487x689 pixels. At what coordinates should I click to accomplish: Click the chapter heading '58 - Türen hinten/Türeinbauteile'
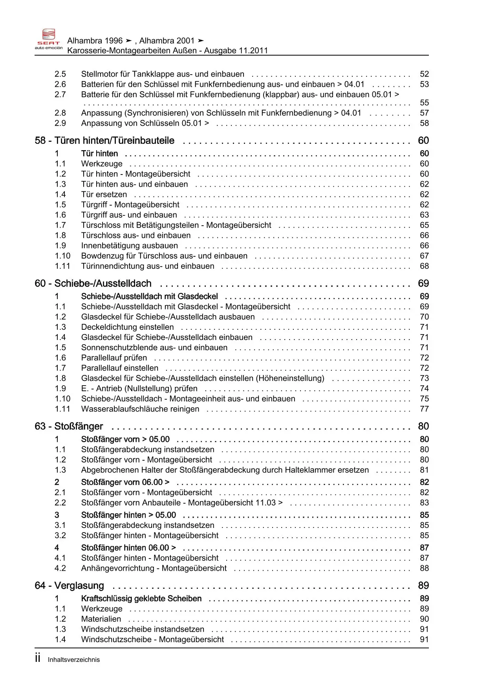click(x=104, y=141)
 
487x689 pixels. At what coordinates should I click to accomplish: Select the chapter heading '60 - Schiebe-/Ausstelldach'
click(x=93, y=283)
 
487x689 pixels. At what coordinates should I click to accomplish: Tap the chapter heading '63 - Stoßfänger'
click(x=69, y=426)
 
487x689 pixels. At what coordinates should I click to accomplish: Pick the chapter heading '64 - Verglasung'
click(x=69, y=586)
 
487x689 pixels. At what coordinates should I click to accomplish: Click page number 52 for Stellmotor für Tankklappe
click(x=424, y=74)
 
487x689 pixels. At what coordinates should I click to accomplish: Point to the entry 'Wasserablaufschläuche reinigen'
click(x=140, y=409)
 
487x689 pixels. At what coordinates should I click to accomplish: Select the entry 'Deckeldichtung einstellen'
click(x=127, y=327)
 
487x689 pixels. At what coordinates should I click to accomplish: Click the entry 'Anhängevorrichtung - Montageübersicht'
click(x=154, y=568)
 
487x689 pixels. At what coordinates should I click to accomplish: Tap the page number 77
click(x=424, y=409)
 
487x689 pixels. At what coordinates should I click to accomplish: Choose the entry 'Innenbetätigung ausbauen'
click(x=129, y=246)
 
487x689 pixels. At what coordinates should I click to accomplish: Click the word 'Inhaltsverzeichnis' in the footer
click(x=74, y=660)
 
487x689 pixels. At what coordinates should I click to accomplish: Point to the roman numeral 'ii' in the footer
click(x=38, y=659)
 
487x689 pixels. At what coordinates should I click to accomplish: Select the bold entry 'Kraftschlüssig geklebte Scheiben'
click(x=141, y=599)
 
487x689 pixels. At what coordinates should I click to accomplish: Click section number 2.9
click(x=60, y=123)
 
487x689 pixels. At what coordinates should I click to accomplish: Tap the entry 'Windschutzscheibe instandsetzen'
click(x=143, y=629)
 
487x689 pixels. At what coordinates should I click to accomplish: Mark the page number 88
click(x=424, y=568)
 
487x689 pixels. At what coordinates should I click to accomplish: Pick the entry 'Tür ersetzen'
click(x=104, y=195)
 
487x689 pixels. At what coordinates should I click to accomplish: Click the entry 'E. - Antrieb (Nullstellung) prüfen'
click(x=139, y=388)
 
